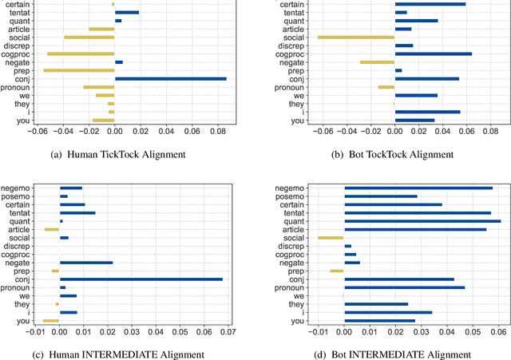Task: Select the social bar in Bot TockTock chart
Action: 356,37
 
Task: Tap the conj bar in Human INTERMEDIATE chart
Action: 141,279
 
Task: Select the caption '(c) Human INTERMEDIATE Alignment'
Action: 127,354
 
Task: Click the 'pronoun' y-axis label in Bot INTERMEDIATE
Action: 293,287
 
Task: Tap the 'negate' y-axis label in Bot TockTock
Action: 291,61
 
